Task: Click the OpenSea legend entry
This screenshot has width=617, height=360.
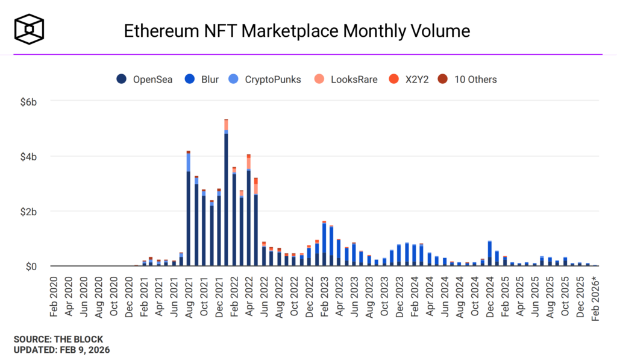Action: tap(144, 79)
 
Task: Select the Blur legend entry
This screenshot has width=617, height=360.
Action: tap(203, 79)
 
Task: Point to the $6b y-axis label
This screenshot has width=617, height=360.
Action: tap(28, 101)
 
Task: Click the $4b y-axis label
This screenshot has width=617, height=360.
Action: tap(28, 156)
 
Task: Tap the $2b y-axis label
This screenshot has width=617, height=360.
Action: tap(28, 212)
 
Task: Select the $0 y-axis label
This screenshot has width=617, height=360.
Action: tap(31, 267)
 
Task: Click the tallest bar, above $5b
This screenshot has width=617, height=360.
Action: tap(226, 193)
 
